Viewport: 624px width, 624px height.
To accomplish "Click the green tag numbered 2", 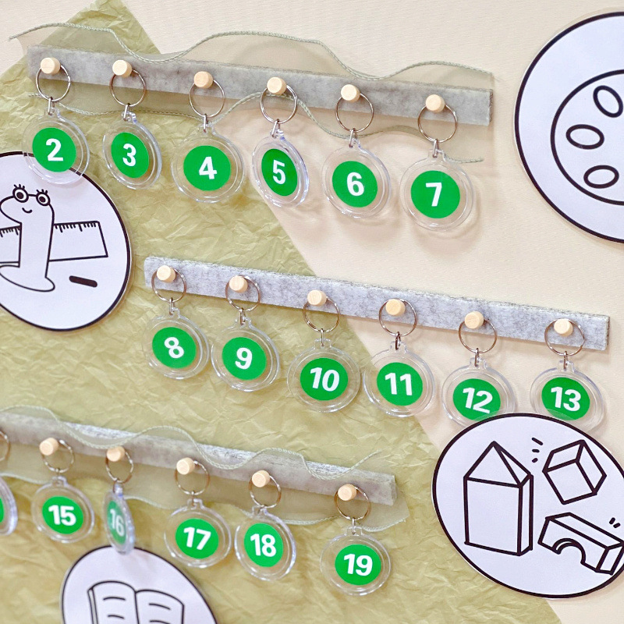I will [x=54, y=151].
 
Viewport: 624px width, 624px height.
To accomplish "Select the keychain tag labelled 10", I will [x=323, y=379].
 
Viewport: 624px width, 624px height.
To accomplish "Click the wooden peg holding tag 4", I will [x=203, y=80].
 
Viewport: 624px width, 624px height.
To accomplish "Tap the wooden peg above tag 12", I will [x=474, y=320].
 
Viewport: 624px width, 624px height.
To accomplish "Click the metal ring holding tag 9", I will [x=242, y=295].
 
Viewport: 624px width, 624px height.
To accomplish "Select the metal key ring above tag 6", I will [x=353, y=112].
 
